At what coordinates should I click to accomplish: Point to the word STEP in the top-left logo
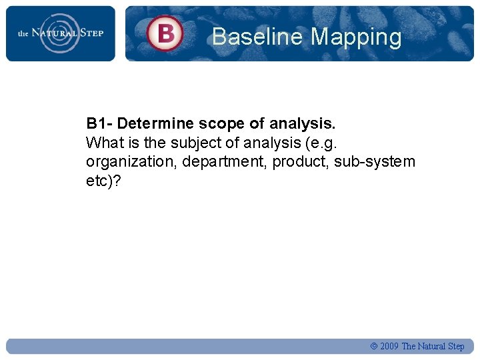[92, 33]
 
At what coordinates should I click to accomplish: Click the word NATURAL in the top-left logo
[57, 33]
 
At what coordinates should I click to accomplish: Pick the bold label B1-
[99, 123]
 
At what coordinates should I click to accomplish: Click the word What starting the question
[103, 143]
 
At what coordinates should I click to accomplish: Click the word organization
[128, 162]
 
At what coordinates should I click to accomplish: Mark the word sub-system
[375, 162]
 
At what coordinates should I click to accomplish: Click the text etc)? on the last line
[104, 181]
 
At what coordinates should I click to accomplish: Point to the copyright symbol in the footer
[373, 347]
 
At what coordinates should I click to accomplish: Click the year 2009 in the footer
[389, 347]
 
